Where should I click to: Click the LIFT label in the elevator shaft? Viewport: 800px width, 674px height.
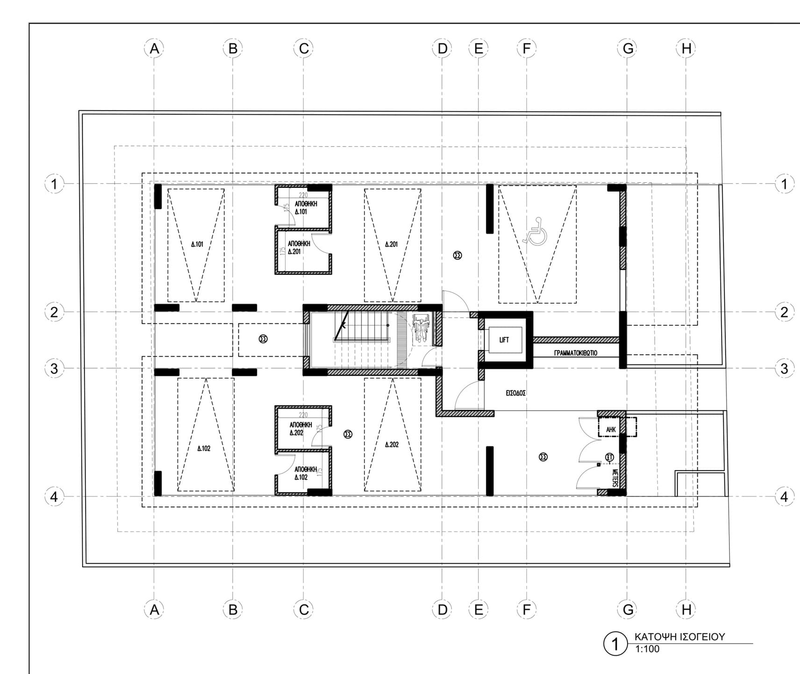(x=504, y=340)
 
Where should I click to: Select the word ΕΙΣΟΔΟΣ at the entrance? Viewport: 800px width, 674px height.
(x=516, y=393)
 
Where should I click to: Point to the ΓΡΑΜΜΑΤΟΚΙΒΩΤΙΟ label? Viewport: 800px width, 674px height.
(x=576, y=353)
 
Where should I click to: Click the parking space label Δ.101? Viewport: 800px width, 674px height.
(x=197, y=244)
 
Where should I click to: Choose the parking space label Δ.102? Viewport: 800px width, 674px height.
(x=204, y=449)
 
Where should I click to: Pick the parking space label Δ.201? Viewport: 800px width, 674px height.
(x=392, y=244)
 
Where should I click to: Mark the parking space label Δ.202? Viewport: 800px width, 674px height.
(x=392, y=445)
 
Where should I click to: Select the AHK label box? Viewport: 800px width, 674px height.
(x=611, y=429)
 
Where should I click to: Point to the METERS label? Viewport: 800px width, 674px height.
(x=615, y=478)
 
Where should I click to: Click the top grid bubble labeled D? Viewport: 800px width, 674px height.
(x=442, y=49)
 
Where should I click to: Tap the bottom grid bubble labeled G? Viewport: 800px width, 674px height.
(x=628, y=610)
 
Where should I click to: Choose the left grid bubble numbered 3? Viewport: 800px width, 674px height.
(x=54, y=369)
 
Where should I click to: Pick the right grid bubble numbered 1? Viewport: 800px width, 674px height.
(x=784, y=184)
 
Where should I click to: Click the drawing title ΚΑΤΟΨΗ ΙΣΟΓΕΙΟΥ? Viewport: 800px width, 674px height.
(x=679, y=637)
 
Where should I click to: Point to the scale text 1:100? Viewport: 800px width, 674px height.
(x=647, y=649)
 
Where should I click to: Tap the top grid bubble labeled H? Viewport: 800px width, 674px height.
(x=686, y=49)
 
